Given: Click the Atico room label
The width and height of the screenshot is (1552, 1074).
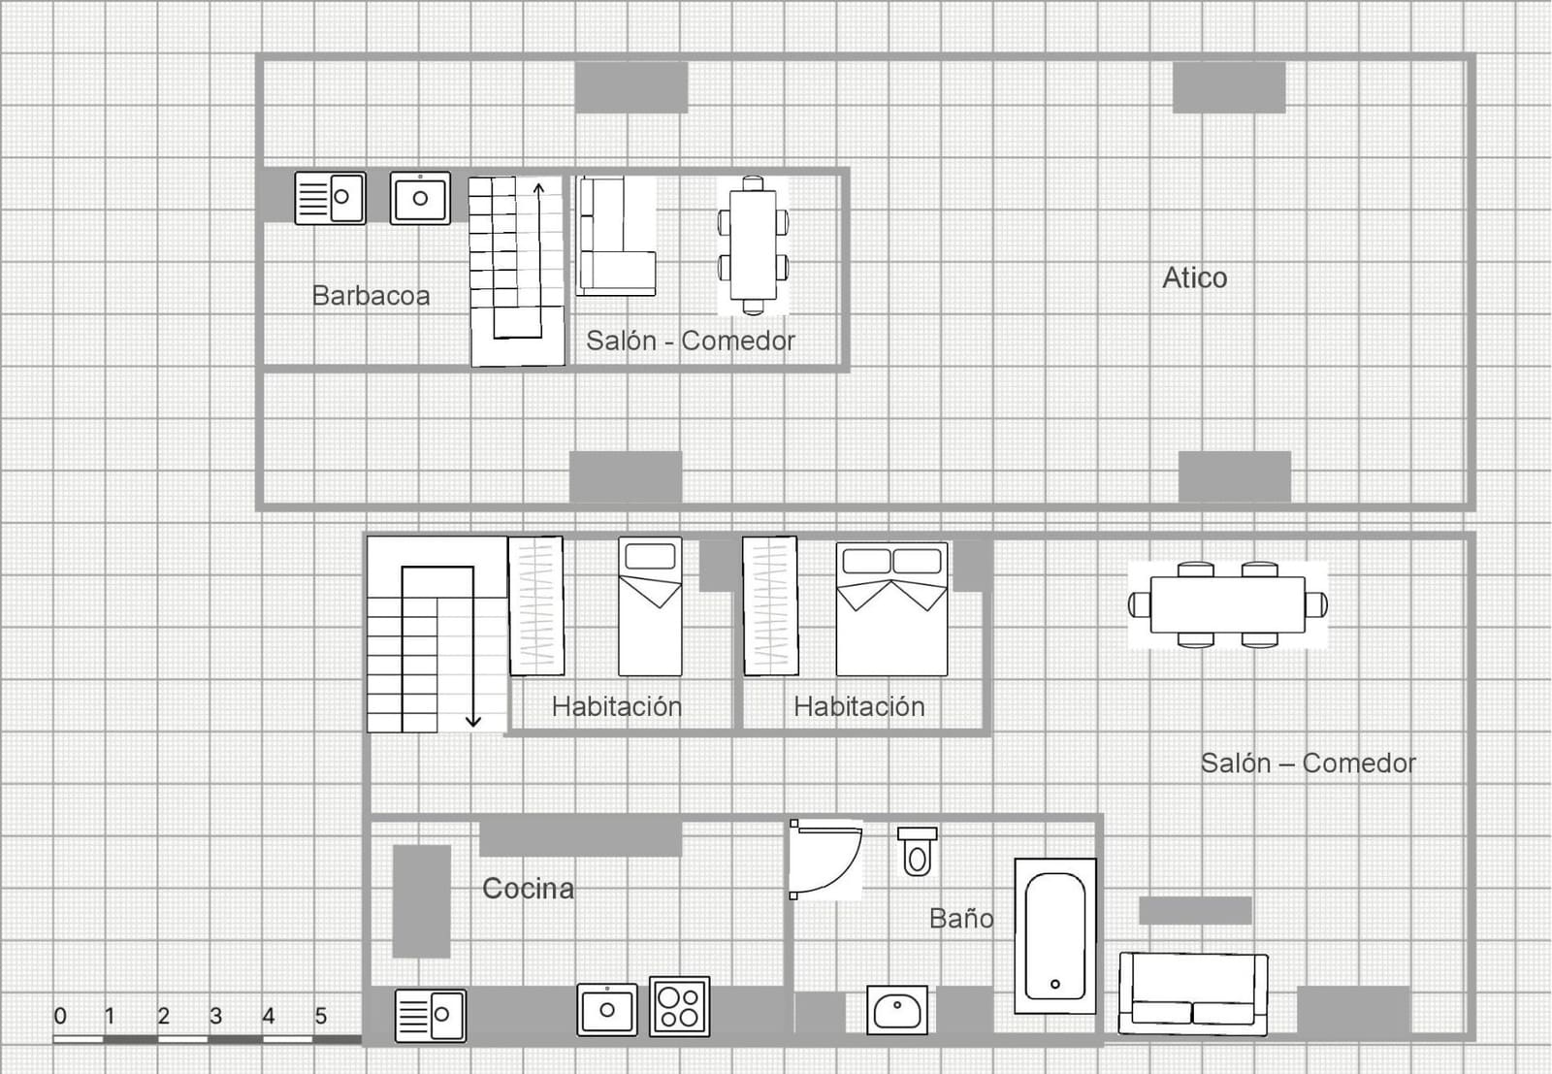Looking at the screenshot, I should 1194,278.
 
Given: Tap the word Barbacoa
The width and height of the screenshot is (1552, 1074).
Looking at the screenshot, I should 371,296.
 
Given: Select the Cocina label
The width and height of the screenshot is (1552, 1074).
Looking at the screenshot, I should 528,889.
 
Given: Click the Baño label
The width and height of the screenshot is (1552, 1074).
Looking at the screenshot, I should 961,919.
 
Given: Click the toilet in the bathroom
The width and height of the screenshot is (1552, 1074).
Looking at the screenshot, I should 917,851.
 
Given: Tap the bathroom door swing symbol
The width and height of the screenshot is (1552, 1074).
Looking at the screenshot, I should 824,860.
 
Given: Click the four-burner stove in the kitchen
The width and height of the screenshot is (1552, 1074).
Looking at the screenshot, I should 679,1006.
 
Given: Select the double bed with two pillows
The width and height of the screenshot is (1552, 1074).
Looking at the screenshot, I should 891,609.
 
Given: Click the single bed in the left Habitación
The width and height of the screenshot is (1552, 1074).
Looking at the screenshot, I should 650,607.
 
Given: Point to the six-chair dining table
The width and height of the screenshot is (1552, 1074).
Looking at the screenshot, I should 1227,604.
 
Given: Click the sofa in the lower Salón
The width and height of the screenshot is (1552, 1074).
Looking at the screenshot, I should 1193,993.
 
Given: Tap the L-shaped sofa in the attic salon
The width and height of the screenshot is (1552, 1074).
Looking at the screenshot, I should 615,237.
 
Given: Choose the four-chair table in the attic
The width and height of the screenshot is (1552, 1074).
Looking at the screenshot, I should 753,245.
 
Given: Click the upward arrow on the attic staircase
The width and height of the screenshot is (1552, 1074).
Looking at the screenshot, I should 539,189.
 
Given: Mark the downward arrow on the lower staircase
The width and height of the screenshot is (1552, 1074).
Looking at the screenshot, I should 473,719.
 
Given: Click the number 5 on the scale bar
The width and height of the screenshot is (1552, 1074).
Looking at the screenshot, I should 321,1016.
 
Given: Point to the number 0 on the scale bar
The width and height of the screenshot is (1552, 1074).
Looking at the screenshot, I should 60,1016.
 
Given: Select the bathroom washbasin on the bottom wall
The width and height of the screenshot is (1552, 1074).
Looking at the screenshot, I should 896,1009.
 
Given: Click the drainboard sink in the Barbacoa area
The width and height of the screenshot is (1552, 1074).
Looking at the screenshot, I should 330,198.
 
